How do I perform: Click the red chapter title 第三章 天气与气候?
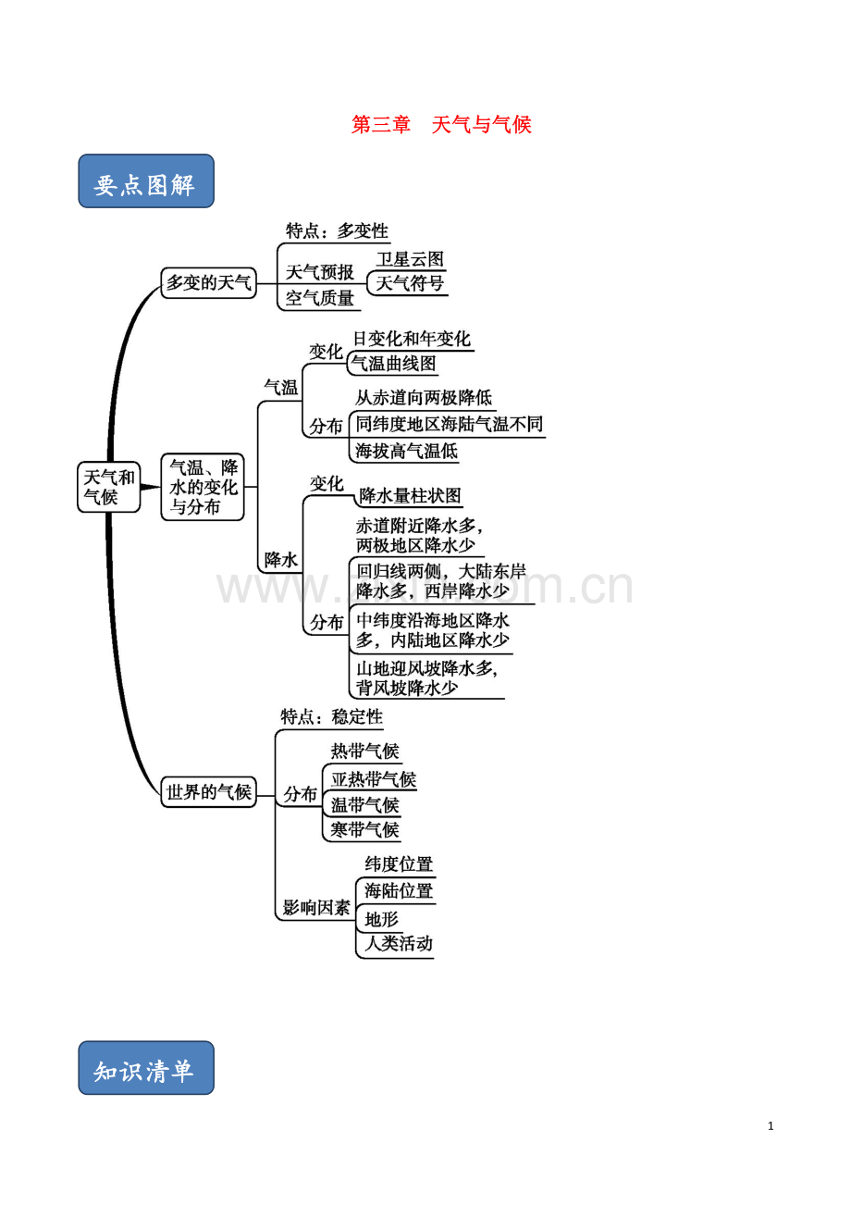pos(441,125)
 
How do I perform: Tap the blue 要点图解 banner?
pos(146,180)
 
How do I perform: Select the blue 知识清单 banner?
pos(146,1067)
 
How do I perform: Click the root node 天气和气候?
pos(108,487)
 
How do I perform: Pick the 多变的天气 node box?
pos(208,282)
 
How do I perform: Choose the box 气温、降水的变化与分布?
pos(203,487)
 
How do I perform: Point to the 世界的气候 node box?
pos(208,792)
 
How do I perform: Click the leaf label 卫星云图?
pos(410,259)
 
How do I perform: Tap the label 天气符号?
pos(410,283)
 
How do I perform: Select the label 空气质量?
pos(320,298)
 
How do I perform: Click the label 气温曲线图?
pos(393,364)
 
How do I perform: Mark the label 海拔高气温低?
pos(406,451)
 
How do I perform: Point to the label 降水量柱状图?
pos(410,495)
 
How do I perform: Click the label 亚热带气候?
pos(374,779)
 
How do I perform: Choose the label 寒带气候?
pos(365,829)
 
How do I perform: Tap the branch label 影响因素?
pos(316,908)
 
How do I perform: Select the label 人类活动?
pos(399,943)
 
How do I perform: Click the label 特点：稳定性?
pos(332,716)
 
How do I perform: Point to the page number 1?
pos(771,1126)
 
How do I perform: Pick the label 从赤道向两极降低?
pos(424,398)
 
